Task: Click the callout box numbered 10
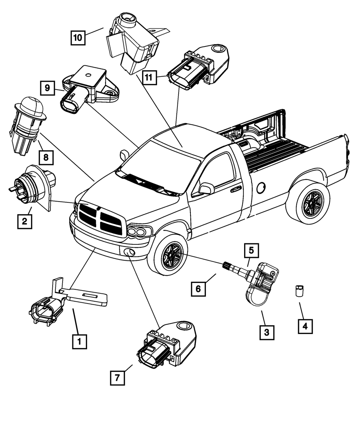[78, 37]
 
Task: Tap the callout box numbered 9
[48, 88]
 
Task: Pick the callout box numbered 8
[46, 157]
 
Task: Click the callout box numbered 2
[24, 221]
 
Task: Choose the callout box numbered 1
[80, 341]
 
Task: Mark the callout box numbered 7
[118, 378]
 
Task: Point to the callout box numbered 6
[198, 289]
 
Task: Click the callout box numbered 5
[251, 251]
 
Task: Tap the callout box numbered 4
[305, 326]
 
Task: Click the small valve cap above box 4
[299, 290]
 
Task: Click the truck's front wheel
[171, 255]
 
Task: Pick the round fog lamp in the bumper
[129, 252]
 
